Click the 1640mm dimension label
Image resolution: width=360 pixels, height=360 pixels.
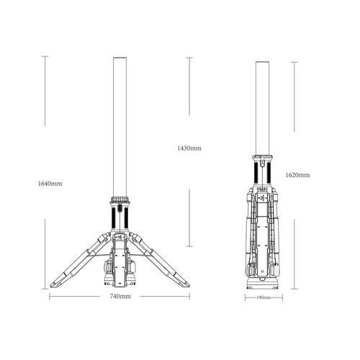coord(50,184)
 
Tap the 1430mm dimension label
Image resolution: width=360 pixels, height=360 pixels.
coord(189,148)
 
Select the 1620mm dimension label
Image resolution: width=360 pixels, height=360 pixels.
coord(297,175)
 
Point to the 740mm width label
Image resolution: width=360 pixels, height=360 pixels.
coord(120,297)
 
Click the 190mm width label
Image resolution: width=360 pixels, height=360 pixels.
coord(264,298)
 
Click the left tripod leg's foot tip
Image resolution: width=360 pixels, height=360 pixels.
coord(51,286)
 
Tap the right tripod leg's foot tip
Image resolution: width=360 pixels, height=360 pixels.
coord(189,286)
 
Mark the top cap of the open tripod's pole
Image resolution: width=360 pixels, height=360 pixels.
coord(120,58)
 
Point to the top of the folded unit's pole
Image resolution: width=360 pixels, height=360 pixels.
coord(262,62)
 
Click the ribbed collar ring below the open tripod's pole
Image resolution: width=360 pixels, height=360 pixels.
coord(120,199)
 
